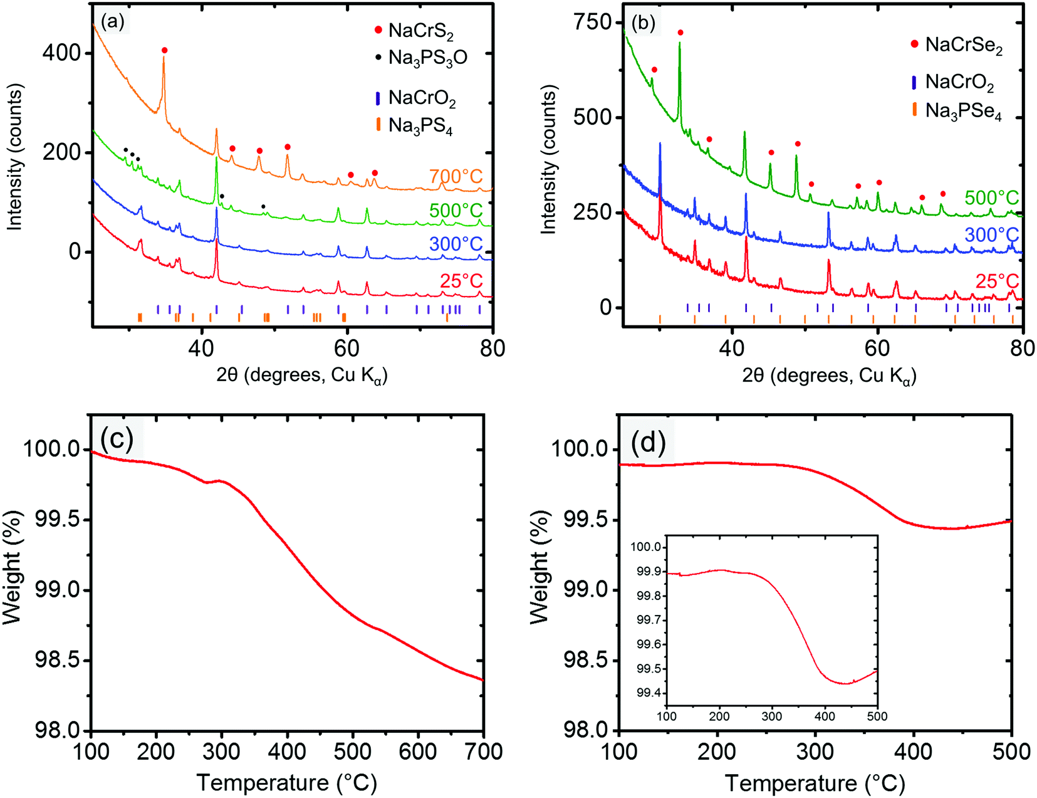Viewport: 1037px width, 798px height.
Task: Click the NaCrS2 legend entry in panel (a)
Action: click(x=421, y=30)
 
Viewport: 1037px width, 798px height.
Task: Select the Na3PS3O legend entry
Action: click(x=427, y=58)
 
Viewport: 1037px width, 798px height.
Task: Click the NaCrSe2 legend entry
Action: click(x=963, y=45)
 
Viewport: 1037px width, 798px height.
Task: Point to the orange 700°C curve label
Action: click(x=456, y=177)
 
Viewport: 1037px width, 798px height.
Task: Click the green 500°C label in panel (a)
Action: click(x=456, y=211)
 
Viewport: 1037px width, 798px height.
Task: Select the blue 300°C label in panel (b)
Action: click(x=992, y=235)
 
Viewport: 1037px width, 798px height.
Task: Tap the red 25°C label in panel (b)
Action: click(x=997, y=281)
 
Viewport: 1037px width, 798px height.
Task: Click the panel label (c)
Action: click(x=117, y=438)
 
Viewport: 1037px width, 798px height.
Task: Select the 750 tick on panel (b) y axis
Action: click(x=593, y=22)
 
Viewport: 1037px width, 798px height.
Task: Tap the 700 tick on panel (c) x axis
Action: click(x=483, y=751)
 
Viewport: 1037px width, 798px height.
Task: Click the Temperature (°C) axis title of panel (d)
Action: click(x=815, y=783)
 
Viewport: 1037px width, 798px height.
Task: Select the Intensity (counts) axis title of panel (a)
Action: click(x=14, y=158)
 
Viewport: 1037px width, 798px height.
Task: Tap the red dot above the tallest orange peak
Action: click(x=164, y=50)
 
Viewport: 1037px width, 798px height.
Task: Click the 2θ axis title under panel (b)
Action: click(x=829, y=375)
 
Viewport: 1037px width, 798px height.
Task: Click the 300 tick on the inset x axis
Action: click(x=772, y=717)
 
